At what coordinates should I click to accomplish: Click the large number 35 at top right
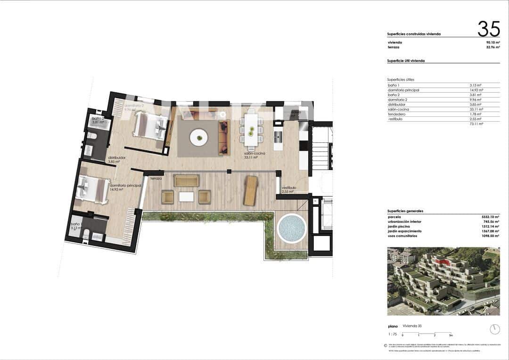pyautogui.click(x=488, y=29)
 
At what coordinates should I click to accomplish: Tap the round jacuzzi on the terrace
pyautogui.click(x=292, y=229)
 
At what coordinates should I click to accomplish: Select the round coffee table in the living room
pyautogui.click(x=198, y=138)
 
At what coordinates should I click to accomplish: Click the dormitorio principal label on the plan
pyautogui.click(x=125, y=186)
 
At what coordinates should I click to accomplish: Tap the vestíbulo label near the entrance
pyautogui.click(x=289, y=188)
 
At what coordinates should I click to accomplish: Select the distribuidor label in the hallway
pyautogui.click(x=116, y=158)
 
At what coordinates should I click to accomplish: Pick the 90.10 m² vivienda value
pyautogui.click(x=493, y=42)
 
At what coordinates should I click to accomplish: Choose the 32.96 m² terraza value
pyautogui.click(x=493, y=48)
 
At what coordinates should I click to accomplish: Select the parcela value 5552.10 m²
pyautogui.click(x=491, y=217)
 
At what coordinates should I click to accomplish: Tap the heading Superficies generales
pyautogui.click(x=405, y=211)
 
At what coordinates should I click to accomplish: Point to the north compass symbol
pyautogui.click(x=494, y=328)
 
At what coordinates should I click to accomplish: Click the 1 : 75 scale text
pyautogui.click(x=392, y=334)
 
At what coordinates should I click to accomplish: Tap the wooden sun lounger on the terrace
pyautogui.click(x=250, y=190)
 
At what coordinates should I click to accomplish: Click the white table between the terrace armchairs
pyautogui.click(x=186, y=196)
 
